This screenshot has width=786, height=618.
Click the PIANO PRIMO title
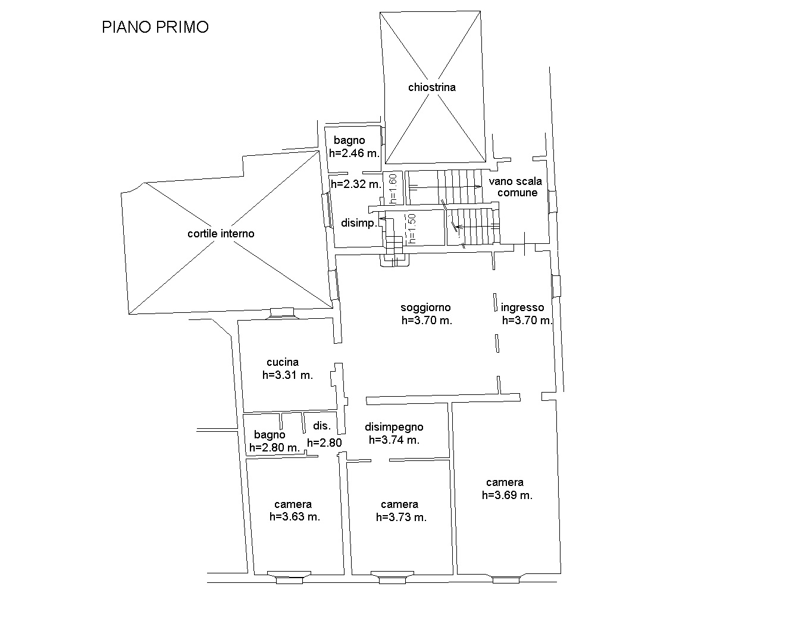[x=155, y=27]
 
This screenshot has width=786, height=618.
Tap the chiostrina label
[x=432, y=87]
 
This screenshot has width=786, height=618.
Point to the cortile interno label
[x=221, y=233]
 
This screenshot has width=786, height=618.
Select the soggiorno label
[x=425, y=308]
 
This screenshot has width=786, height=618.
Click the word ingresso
[x=522, y=308]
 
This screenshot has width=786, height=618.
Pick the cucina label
[x=283, y=362]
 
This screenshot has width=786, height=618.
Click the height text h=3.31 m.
[x=287, y=375]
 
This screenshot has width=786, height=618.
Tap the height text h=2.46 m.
[x=354, y=153]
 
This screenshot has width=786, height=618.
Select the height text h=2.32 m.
[x=356, y=184]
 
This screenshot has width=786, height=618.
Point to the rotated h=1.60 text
[x=393, y=189]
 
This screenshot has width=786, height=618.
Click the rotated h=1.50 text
[x=412, y=229]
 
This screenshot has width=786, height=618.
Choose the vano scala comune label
[x=515, y=187]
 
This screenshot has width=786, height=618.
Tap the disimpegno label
[x=394, y=427]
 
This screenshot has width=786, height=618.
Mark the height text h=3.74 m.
[x=394, y=440]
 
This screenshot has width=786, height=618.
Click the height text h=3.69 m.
[x=507, y=495]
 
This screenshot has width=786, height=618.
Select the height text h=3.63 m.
[x=295, y=517]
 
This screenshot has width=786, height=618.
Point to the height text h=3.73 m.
[x=401, y=517]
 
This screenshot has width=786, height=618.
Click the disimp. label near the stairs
[x=359, y=223]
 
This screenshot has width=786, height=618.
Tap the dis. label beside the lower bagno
[x=322, y=425]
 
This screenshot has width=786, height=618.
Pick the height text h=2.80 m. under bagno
[x=274, y=447]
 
